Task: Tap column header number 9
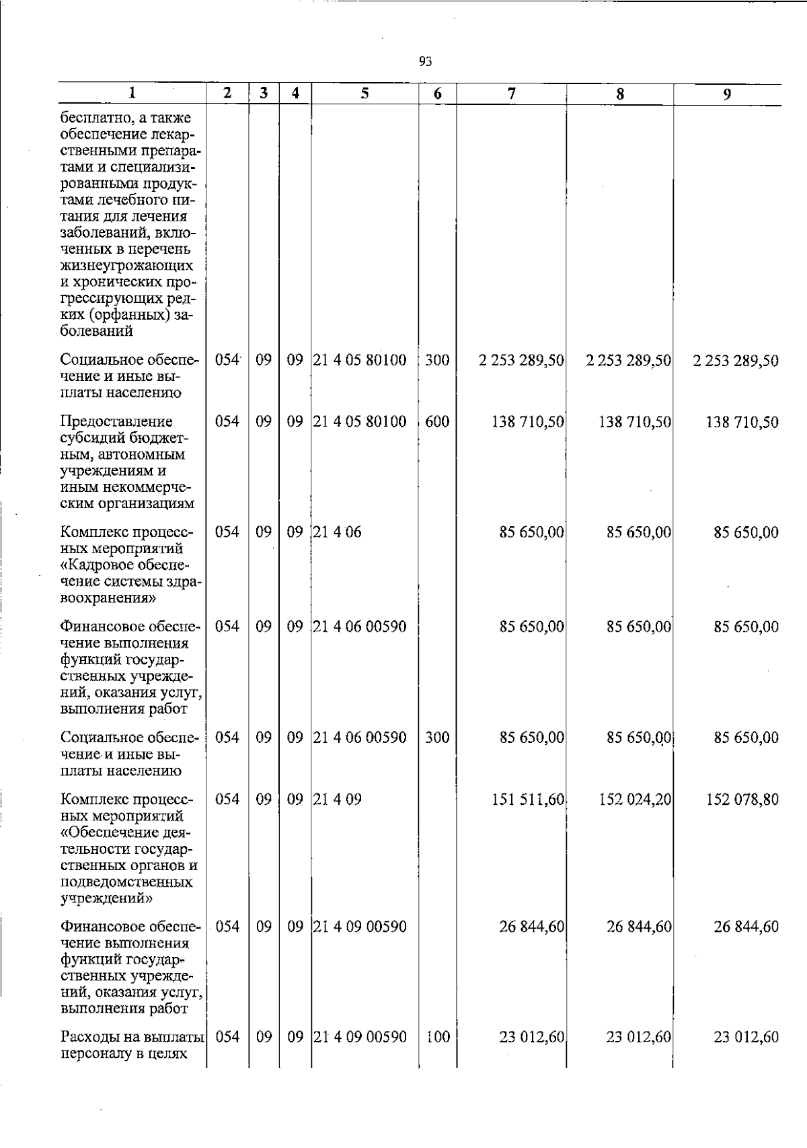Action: (x=727, y=94)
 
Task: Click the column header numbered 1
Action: (x=132, y=93)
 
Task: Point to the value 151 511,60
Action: (x=528, y=799)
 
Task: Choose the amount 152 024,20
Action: (x=635, y=799)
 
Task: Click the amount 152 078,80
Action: (x=742, y=799)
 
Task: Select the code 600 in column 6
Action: (x=437, y=422)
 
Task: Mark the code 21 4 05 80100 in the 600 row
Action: (x=360, y=422)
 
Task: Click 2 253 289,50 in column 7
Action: (x=521, y=361)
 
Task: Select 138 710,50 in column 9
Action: (x=742, y=423)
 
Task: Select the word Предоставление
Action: (x=116, y=422)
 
